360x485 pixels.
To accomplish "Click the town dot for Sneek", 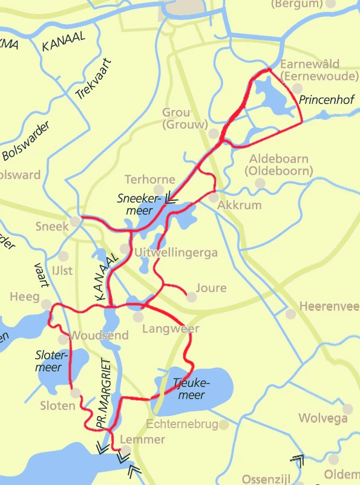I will pyautogui.click(x=75, y=222).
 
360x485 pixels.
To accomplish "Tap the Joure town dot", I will pyautogui.click(x=191, y=297).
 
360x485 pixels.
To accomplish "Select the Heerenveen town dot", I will pyautogui.click(x=291, y=314).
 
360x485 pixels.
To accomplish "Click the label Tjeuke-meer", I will pyautogui.click(x=191, y=389).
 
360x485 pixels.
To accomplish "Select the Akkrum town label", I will pyautogui.click(x=239, y=205).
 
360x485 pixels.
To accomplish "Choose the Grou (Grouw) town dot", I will pyautogui.click(x=214, y=133).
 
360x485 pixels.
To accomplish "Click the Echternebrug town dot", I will pyautogui.click(x=224, y=425).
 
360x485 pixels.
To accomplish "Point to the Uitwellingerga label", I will pyautogui.click(x=176, y=253).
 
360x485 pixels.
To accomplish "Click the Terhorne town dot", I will pyautogui.click(x=159, y=190).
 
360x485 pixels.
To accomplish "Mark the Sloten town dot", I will pyautogui.click(x=75, y=393).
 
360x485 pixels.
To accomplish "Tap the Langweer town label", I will pyautogui.click(x=171, y=329).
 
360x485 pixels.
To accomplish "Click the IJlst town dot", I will pyautogui.click(x=64, y=256).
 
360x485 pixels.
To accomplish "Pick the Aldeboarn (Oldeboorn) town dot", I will pyautogui.click(x=260, y=183).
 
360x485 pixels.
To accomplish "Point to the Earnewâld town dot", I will pyautogui.click(x=297, y=88).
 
